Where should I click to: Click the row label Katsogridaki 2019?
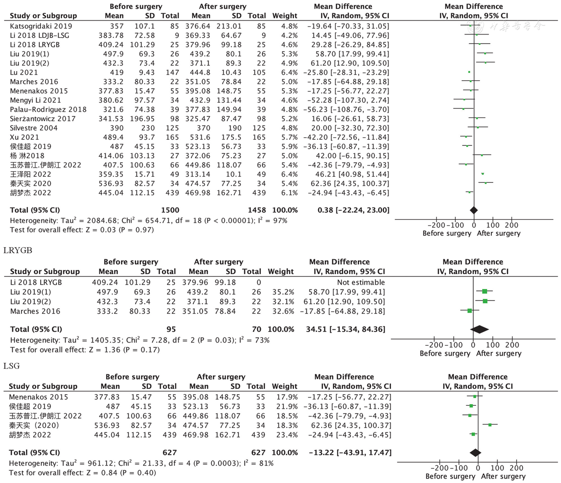click(41, 26)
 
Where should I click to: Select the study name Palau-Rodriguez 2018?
click(48, 110)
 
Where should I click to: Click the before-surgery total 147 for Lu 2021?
click(172, 72)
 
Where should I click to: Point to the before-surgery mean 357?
click(116, 26)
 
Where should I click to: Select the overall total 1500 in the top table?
click(170, 210)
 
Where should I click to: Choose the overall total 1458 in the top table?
click(257, 210)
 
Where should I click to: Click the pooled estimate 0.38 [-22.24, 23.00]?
click(353, 210)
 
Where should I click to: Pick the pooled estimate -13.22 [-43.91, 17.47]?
click(349, 453)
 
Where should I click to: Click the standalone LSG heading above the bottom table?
click(12, 366)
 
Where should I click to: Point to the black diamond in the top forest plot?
click(474, 210)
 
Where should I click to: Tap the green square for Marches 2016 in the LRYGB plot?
click(470, 311)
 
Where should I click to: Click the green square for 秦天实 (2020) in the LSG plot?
click(490, 425)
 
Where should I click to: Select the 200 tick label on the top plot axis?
click(512, 225)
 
